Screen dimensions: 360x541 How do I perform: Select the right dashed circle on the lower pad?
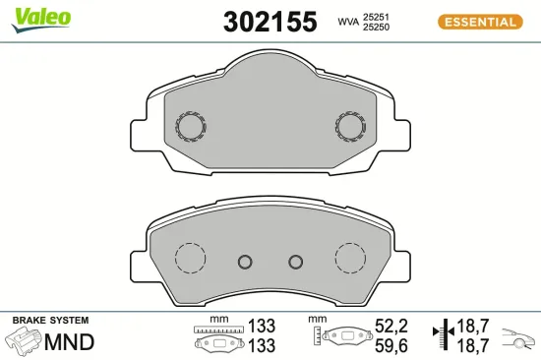[350, 259]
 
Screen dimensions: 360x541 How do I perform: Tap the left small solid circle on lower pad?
[246, 262]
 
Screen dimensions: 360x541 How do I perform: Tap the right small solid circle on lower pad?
[295, 262]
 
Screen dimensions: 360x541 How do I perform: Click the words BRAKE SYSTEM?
[50, 321]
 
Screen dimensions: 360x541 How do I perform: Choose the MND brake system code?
[71, 342]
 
